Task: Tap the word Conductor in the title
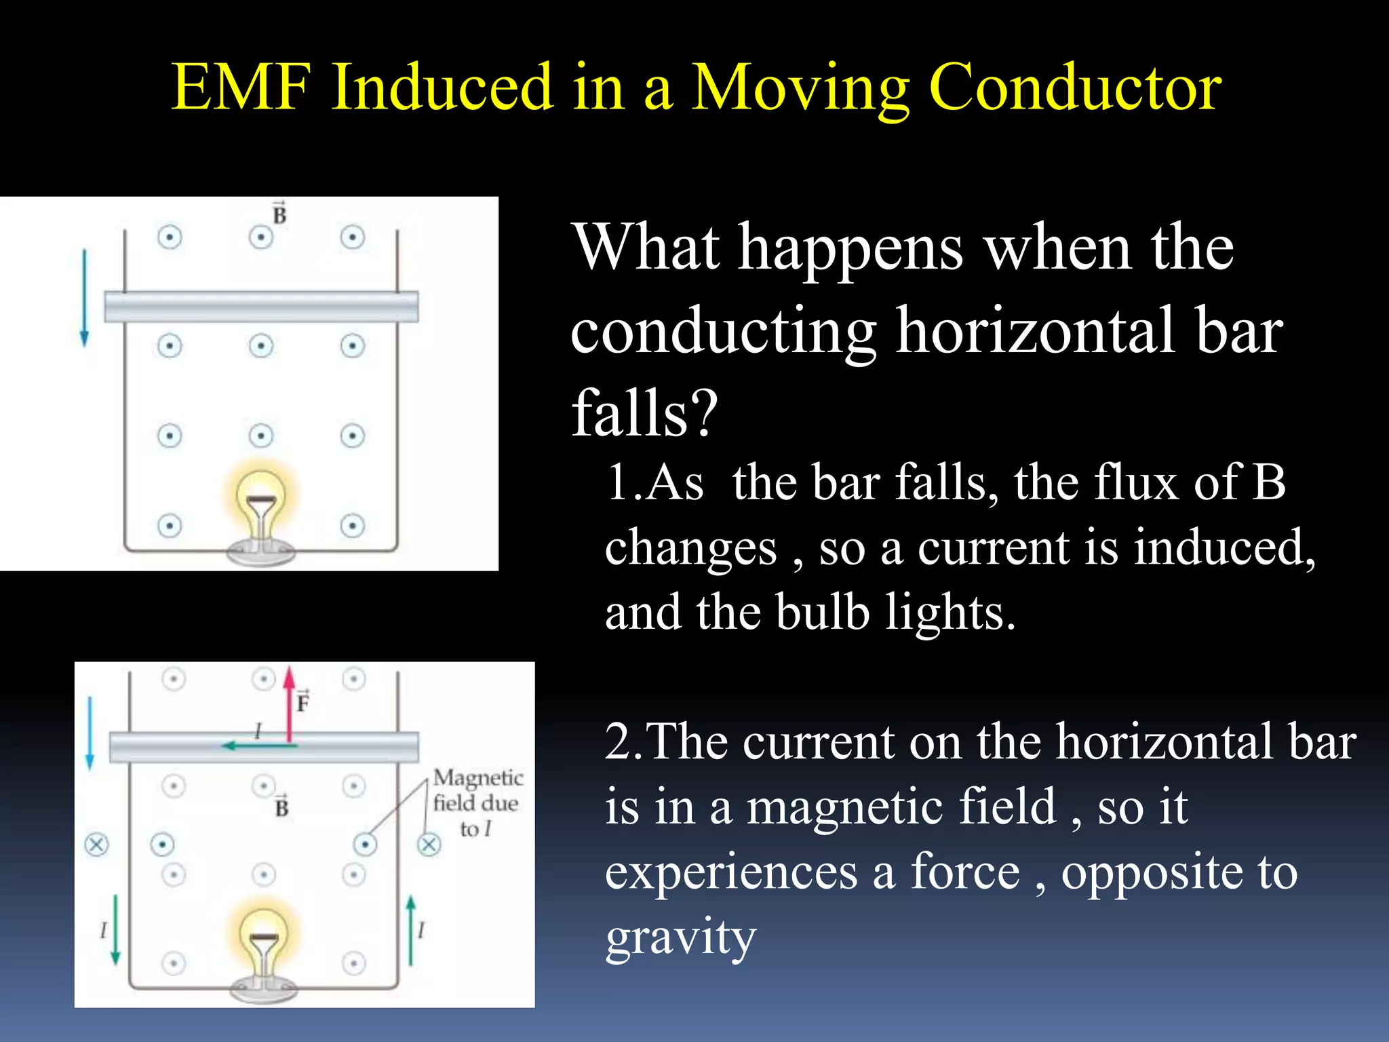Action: pos(1075,88)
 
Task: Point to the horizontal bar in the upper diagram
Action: pos(261,307)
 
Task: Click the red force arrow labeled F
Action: pos(290,706)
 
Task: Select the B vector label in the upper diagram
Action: pos(279,214)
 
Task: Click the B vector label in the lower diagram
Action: pos(281,806)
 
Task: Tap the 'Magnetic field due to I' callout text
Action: pos(477,803)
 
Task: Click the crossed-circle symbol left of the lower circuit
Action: pos(96,845)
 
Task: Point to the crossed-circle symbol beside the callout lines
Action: pos(429,845)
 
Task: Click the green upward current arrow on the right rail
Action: pos(410,929)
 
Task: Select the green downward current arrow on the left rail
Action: pos(115,929)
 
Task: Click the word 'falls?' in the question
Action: pos(644,412)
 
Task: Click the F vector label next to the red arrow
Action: pos(302,701)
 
